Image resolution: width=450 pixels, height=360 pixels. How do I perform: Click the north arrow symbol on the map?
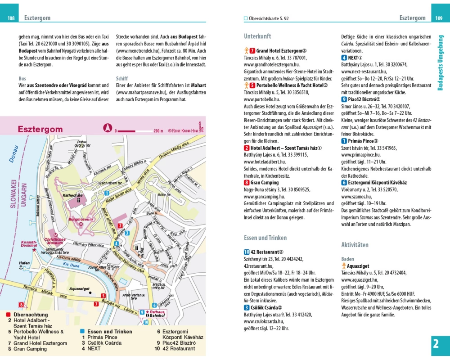[x=108, y=128]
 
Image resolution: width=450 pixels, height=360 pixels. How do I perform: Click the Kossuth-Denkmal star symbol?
[x=34, y=249]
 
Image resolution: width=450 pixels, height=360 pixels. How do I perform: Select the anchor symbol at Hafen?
[x=20, y=268]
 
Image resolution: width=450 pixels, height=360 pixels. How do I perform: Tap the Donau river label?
[x=14, y=153]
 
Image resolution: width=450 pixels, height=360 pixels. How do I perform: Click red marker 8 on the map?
[x=21, y=305]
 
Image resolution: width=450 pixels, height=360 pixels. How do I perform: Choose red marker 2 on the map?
[x=120, y=225]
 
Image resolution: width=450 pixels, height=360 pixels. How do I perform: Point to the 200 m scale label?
[x=158, y=131]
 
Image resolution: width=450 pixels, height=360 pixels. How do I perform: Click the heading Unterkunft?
[x=257, y=36]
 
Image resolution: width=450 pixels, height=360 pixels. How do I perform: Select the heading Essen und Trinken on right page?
[x=265, y=238]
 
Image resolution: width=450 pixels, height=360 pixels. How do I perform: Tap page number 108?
[x=11, y=18]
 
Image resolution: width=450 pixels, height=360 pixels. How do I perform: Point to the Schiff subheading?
[x=122, y=78]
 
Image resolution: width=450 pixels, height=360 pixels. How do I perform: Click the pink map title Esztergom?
[x=40, y=129]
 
